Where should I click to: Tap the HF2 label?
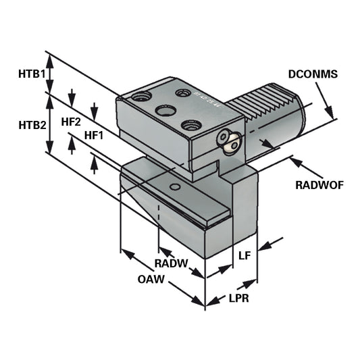[x=71, y=122]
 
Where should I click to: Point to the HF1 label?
[x=93, y=135]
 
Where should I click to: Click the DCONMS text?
[x=312, y=74]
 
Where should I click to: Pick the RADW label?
[x=170, y=263]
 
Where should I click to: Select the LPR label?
[x=238, y=298]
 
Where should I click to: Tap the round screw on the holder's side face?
[x=228, y=140]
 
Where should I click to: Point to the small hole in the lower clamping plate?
[x=175, y=186]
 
